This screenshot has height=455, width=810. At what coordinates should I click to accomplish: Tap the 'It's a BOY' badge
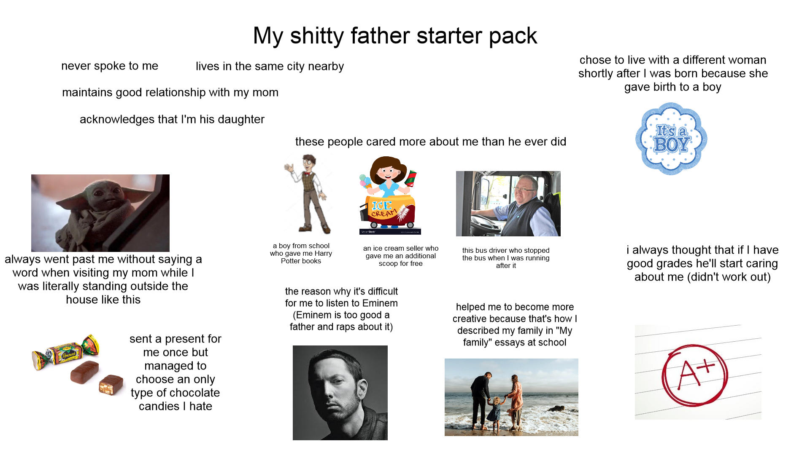[671, 139]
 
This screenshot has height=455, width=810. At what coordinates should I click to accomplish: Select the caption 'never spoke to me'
[110, 66]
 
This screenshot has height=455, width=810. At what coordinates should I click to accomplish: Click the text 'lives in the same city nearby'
[270, 67]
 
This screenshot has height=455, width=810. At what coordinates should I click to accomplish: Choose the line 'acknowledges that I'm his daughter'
[172, 120]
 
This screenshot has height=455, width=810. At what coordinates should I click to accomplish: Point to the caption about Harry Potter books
[301, 254]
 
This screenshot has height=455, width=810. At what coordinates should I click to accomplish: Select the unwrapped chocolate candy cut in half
[111, 385]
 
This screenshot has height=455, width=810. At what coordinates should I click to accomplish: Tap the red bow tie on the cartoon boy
[308, 172]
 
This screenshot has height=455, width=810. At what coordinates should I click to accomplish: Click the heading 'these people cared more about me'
[430, 142]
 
